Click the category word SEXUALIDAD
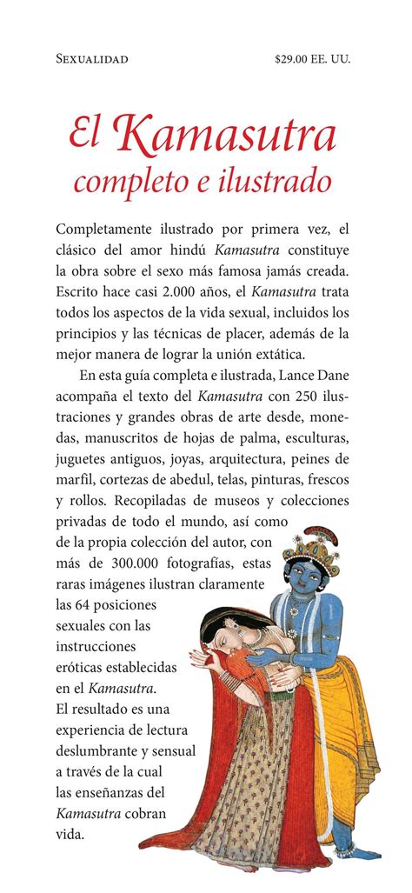tap(91, 59)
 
